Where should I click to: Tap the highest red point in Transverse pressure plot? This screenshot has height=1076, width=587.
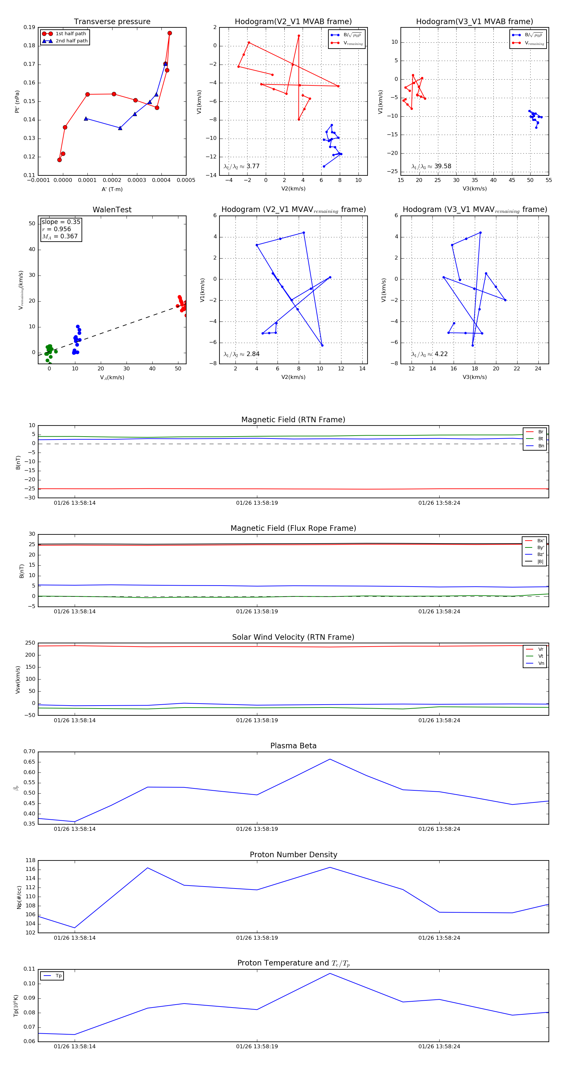pyautogui.click(x=170, y=33)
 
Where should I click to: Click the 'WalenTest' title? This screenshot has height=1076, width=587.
pyautogui.click(x=112, y=210)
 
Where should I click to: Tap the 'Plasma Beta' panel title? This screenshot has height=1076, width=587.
pyautogui.click(x=293, y=746)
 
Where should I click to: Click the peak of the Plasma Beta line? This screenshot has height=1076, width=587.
pyautogui.click(x=330, y=759)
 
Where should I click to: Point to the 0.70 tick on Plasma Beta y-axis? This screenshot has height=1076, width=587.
pyautogui.click(x=29, y=752)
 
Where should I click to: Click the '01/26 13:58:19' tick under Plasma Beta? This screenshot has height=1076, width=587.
pyautogui.click(x=257, y=829)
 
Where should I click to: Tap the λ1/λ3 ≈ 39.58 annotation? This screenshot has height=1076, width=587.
pyautogui.click(x=431, y=166)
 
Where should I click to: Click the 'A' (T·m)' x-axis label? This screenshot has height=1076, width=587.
pyautogui.click(x=112, y=189)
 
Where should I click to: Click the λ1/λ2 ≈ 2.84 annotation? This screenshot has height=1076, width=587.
pyautogui.click(x=241, y=354)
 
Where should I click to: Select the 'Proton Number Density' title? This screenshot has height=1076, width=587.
pyautogui.click(x=293, y=855)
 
